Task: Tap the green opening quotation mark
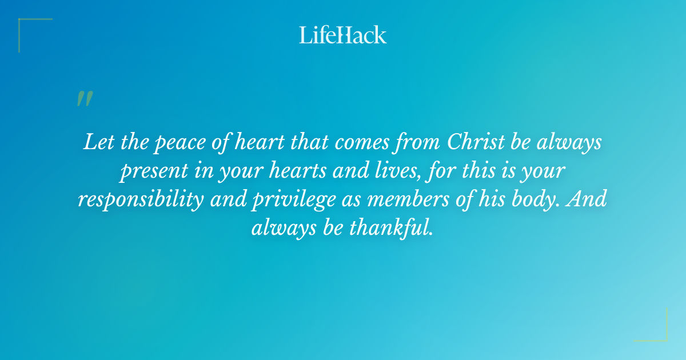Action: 84,99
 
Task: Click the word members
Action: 439,199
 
